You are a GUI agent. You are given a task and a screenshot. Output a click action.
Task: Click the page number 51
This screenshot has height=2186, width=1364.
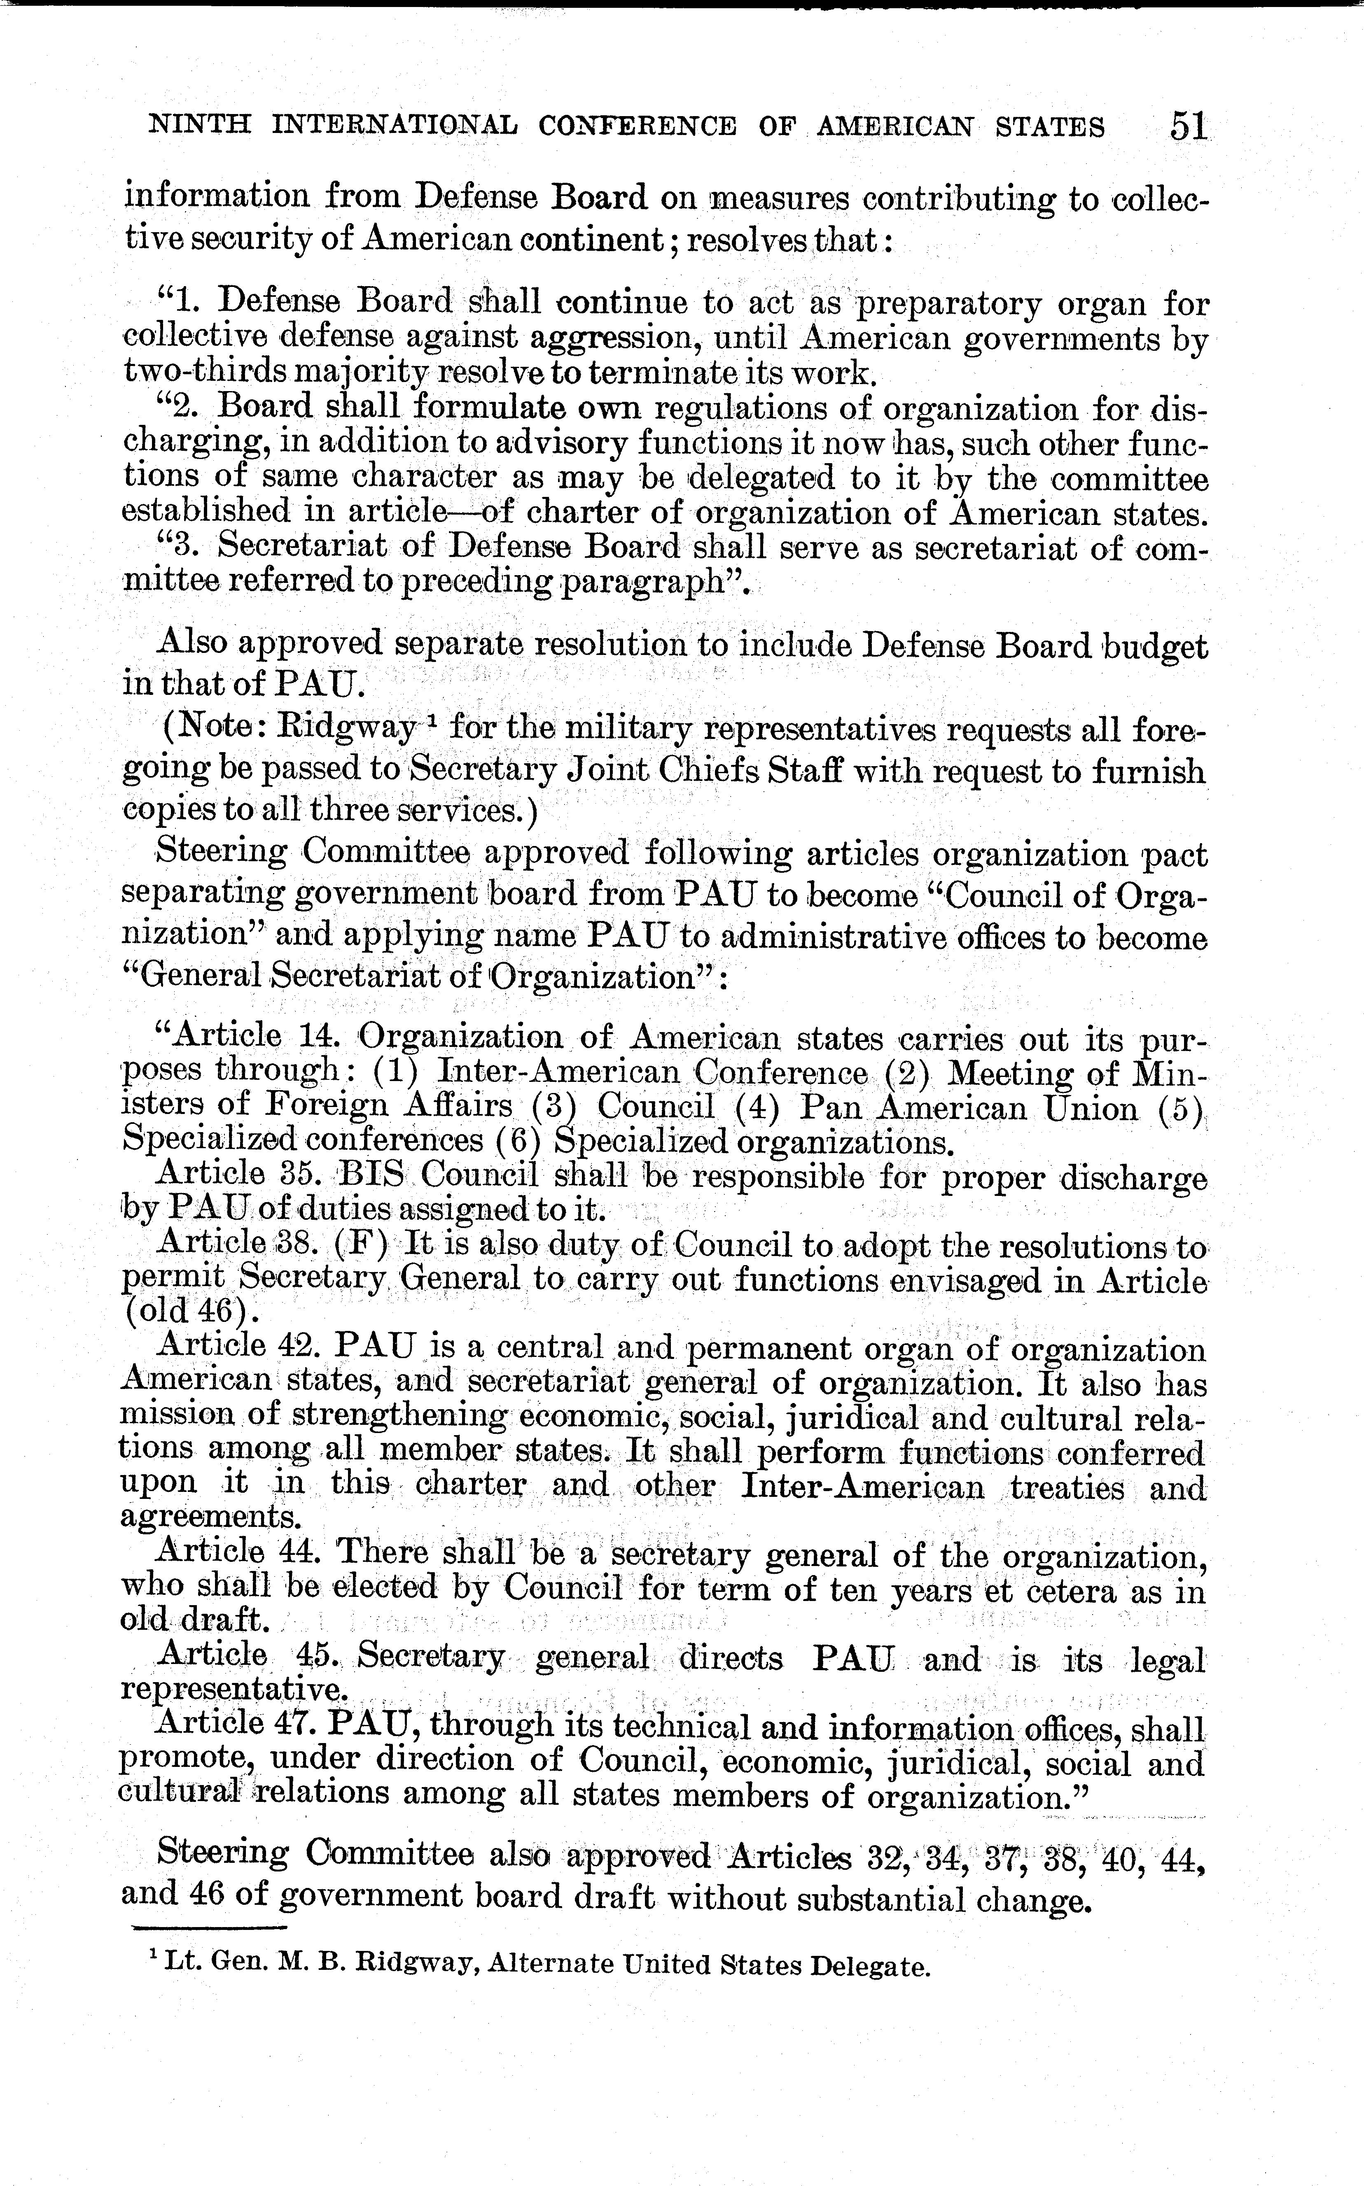click(1188, 124)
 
